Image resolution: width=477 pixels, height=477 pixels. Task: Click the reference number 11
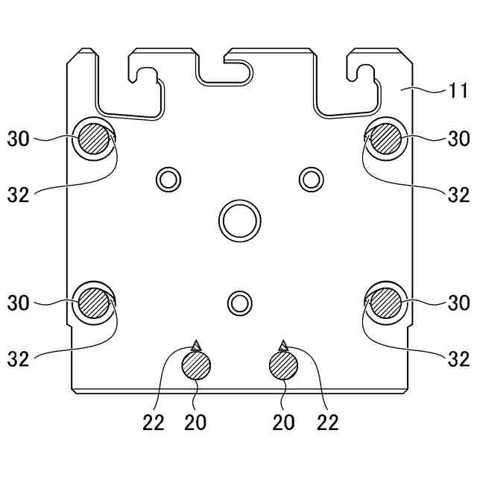pyautogui.click(x=457, y=90)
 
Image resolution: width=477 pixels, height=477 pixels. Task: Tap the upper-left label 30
pyautogui.click(x=18, y=139)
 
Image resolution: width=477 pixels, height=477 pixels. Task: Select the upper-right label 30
pyautogui.click(x=459, y=139)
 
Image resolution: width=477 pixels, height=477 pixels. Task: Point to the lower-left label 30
pyautogui.click(x=18, y=303)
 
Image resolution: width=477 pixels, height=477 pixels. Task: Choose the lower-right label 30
pyautogui.click(x=459, y=303)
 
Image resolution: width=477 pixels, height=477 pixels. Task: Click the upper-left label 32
pyautogui.click(x=18, y=195)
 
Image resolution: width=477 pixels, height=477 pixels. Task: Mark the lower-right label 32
pyautogui.click(x=459, y=359)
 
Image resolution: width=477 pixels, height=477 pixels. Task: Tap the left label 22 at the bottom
pyautogui.click(x=154, y=423)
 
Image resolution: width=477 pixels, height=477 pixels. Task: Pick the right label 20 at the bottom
pyautogui.click(x=283, y=423)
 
